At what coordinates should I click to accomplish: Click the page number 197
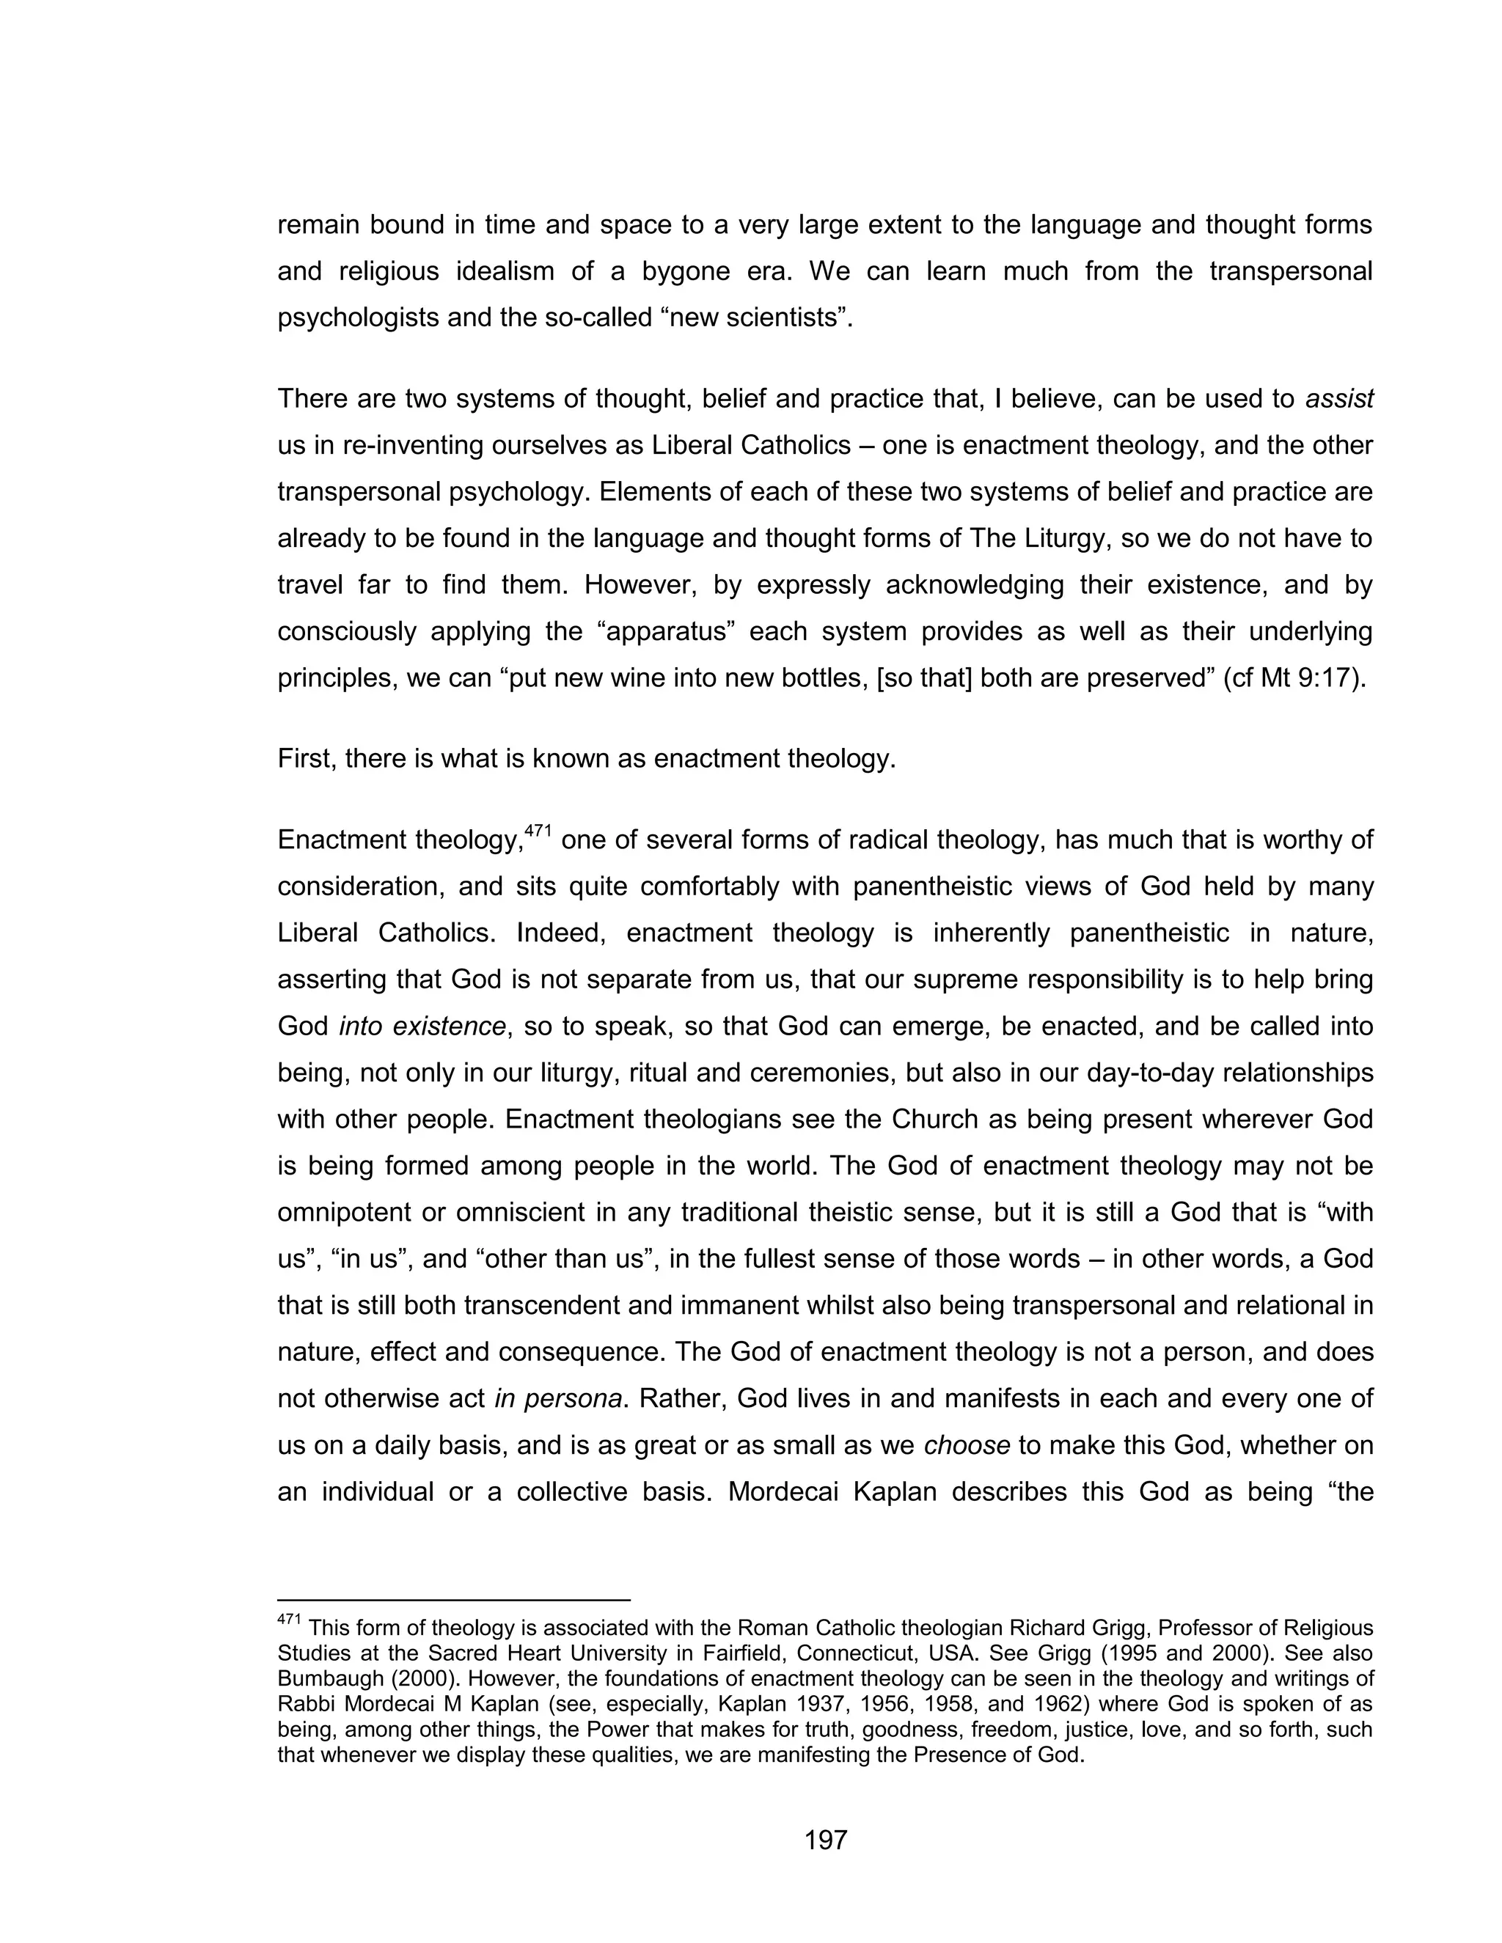[x=825, y=1840]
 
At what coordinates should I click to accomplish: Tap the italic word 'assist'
[x=1339, y=399]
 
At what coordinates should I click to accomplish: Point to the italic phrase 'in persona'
[x=558, y=1398]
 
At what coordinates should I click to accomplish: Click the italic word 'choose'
[x=967, y=1445]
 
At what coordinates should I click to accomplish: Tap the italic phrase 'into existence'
[x=422, y=1026]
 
